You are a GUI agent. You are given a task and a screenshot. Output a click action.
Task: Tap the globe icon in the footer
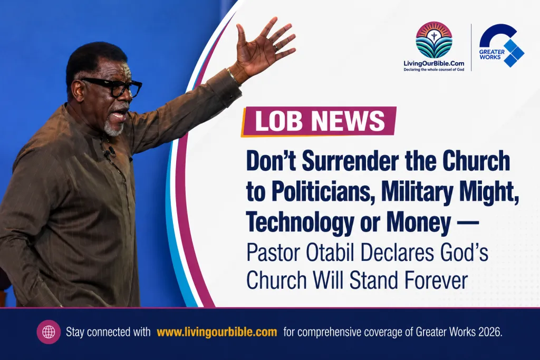tap(49, 332)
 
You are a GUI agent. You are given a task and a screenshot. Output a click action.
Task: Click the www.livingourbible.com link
tap(217, 332)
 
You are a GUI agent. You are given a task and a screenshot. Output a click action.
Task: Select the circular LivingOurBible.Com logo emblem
tap(434, 40)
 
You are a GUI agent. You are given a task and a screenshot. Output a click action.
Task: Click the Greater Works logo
tap(502, 45)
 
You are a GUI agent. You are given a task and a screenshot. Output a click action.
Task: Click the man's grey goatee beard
tap(114, 128)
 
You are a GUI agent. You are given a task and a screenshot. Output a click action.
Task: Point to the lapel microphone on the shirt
tap(111, 151)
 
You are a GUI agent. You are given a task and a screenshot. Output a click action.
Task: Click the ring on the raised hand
tap(276, 47)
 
